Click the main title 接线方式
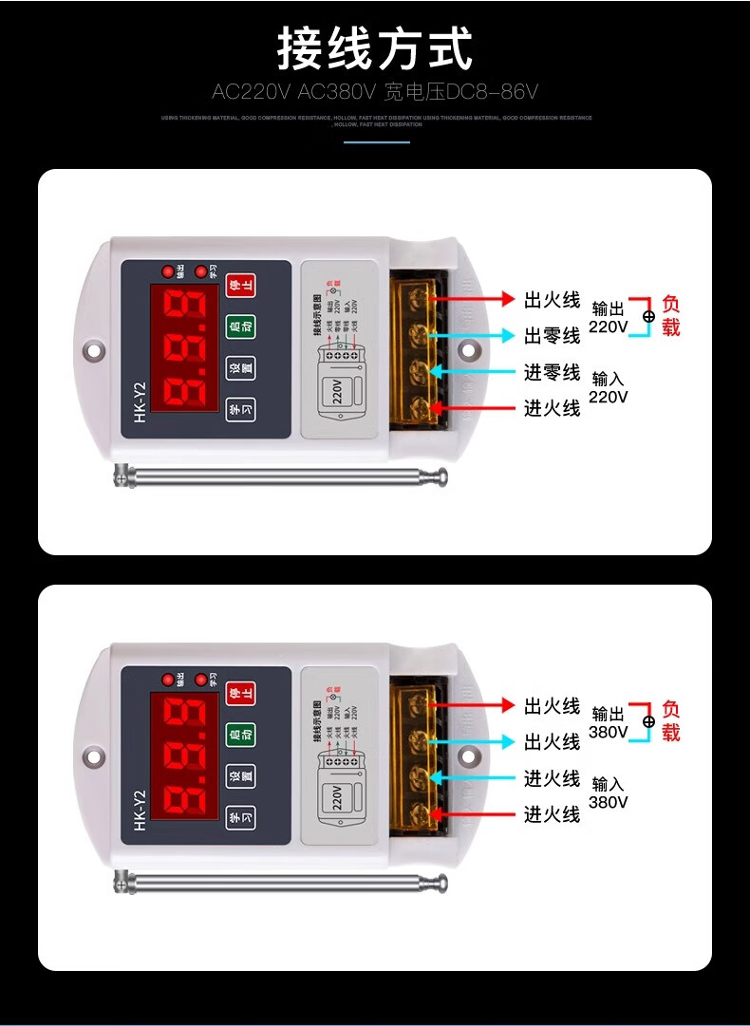(374, 49)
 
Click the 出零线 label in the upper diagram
(552, 336)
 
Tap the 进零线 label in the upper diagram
(552, 372)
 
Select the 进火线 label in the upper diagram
(552, 408)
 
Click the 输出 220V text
(609, 318)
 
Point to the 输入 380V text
(609, 793)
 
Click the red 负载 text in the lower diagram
(671, 721)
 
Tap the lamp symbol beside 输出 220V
(648, 316)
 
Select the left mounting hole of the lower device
(93, 756)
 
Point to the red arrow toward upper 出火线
(475, 299)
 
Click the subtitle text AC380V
(339, 92)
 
